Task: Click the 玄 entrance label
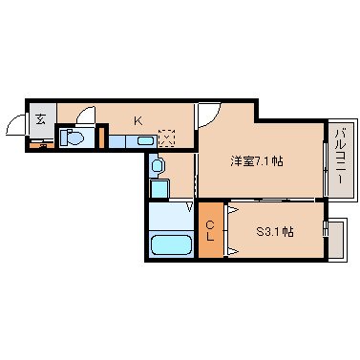tap(42, 119)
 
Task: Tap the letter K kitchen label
tap(138, 120)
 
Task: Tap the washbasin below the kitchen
tap(159, 166)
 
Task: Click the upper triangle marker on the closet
tap(232, 208)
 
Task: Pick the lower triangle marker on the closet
tap(232, 251)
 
